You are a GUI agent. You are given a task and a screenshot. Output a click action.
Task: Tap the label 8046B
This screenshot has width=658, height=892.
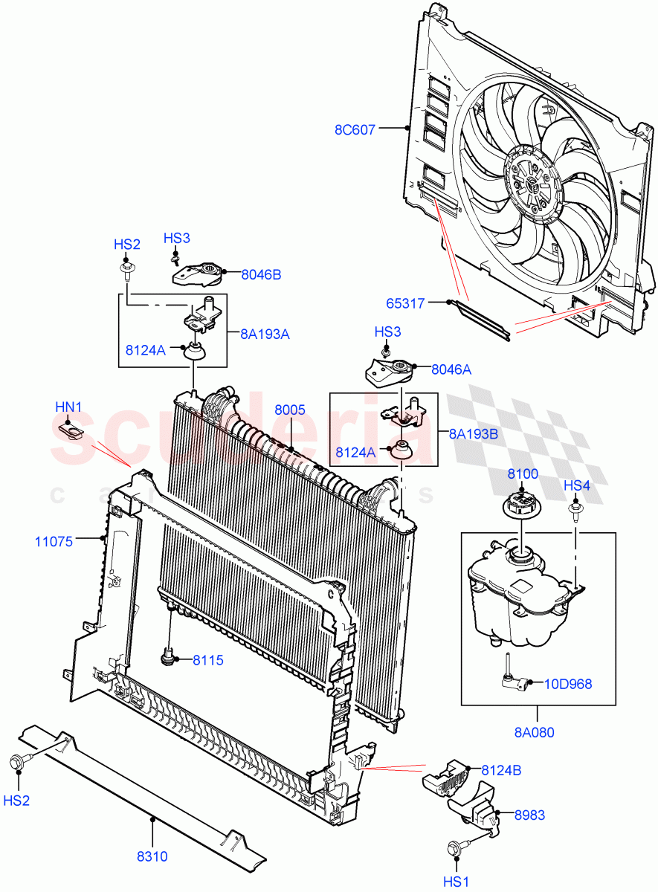[x=261, y=274]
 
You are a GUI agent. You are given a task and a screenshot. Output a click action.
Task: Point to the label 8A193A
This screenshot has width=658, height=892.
[x=264, y=334]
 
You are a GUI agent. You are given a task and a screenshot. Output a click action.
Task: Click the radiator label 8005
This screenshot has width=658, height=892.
[x=289, y=410]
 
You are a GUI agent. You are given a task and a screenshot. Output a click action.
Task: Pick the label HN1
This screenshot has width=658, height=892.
[x=68, y=407]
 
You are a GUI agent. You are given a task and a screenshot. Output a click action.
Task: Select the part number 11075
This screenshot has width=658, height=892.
[x=54, y=541]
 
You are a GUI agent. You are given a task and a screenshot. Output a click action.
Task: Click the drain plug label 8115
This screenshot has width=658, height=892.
[x=208, y=660]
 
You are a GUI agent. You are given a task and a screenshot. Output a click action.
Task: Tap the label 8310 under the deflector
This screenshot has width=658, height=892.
[x=151, y=856]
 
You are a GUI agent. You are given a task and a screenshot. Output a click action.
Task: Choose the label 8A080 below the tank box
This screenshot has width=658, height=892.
[x=534, y=731]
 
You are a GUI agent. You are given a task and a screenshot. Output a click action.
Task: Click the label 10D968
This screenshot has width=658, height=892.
[x=570, y=684]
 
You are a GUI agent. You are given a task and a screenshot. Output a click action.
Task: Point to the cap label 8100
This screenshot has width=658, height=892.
[x=523, y=474]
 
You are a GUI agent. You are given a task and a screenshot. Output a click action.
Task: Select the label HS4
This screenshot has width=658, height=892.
[x=576, y=485]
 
